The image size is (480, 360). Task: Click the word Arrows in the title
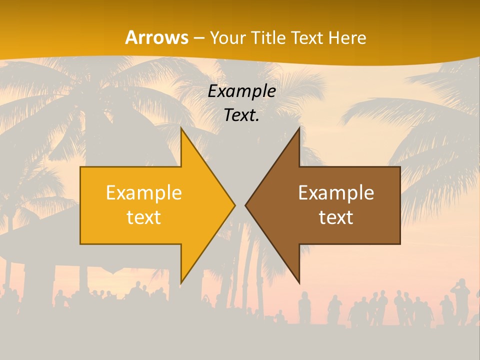tap(157, 37)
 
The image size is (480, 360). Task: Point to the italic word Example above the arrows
tap(242, 91)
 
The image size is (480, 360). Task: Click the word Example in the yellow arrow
tap(144, 193)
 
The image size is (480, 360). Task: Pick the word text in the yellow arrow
tap(144, 217)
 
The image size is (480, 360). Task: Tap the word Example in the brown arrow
tap(336, 193)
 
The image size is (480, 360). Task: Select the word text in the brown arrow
tap(336, 217)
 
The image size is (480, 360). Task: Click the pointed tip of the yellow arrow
tap(234, 205)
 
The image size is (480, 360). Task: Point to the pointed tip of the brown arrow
tap(245, 205)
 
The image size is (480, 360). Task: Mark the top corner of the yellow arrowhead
tap(181, 128)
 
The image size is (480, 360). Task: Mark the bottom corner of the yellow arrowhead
tap(181, 283)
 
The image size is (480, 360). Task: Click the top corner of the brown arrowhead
tap(299, 128)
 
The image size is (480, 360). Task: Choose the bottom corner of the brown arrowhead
tap(299, 283)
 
